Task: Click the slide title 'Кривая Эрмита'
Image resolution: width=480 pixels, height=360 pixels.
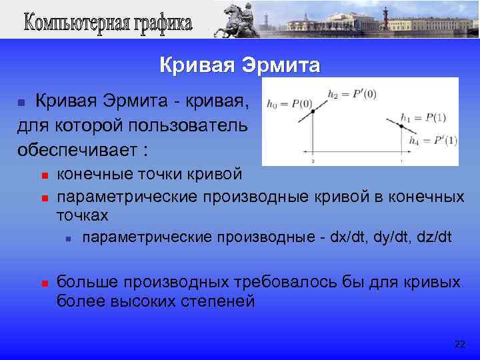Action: (239, 65)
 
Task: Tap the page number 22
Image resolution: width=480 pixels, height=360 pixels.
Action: (459, 344)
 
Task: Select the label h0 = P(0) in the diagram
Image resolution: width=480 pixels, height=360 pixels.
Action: (289, 103)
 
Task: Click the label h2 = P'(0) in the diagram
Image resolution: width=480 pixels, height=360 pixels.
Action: (352, 93)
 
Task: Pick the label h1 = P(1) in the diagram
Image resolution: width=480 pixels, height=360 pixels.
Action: (423, 118)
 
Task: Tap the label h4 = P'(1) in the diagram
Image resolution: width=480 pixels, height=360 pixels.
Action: (423, 141)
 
